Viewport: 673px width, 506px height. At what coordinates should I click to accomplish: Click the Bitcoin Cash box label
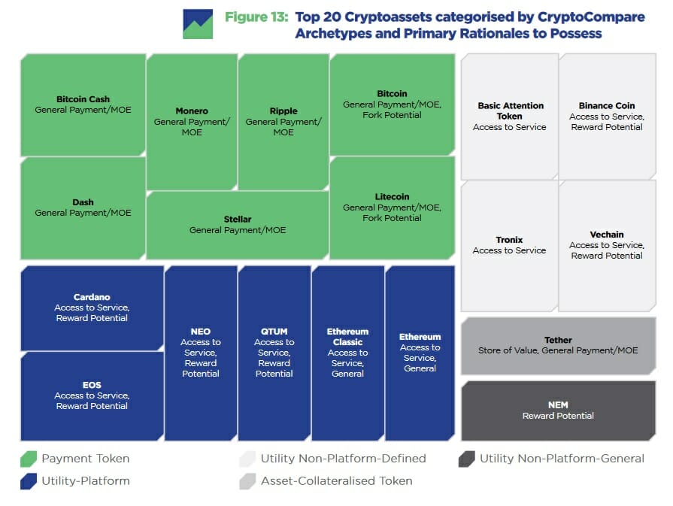(83, 99)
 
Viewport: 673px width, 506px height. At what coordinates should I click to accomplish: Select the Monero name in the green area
(192, 111)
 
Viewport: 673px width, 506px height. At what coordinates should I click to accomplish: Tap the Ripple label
(283, 111)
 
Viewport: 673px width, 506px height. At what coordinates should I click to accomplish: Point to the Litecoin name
(392, 197)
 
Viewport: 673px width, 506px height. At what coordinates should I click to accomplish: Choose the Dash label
(83, 202)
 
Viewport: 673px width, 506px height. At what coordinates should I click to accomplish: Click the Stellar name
(238, 220)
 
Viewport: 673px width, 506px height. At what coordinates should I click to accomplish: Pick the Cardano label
(92, 297)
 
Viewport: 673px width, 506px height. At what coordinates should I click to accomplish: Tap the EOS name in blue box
(92, 385)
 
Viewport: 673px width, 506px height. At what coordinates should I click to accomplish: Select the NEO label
(201, 332)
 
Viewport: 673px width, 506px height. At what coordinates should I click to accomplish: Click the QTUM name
(274, 332)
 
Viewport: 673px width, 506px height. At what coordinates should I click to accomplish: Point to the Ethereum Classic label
(347, 337)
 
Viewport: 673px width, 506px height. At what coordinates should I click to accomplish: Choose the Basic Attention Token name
(509, 111)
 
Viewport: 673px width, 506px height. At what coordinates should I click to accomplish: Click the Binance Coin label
(607, 106)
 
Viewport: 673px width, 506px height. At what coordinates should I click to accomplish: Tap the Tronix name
(509, 240)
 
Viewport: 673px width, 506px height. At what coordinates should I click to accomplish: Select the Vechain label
(607, 235)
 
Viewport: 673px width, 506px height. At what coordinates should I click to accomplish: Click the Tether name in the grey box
(558, 340)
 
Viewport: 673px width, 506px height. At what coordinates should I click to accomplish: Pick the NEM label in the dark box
(558, 405)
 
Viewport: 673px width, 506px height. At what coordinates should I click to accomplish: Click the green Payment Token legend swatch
(28, 459)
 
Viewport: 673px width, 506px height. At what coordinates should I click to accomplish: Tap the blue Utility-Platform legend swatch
(28, 481)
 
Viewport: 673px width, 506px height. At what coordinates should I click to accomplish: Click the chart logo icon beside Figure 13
(198, 24)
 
